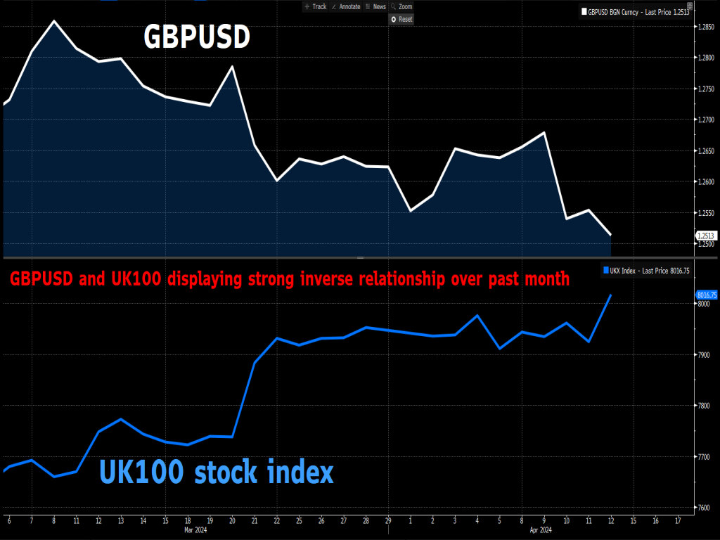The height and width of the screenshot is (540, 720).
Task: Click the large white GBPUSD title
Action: coord(196,37)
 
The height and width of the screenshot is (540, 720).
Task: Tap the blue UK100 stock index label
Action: coord(217,472)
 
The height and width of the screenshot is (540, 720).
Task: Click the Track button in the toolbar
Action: coord(316,6)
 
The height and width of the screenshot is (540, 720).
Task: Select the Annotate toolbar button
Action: coord(345,6)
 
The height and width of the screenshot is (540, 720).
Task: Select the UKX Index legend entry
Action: coord(649,270)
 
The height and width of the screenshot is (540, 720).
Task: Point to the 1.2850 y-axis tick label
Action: coord(705,27)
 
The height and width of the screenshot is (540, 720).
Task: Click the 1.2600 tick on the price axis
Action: coord(705,182)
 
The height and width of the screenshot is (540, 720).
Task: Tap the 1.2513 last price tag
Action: coord(705,236)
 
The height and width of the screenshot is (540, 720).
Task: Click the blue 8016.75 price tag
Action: coord(705,295)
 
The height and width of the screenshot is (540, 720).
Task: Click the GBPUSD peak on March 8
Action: coord(54,21)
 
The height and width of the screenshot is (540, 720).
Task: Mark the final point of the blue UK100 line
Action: coord(610,295)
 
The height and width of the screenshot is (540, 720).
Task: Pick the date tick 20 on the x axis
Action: coord(232,521)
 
